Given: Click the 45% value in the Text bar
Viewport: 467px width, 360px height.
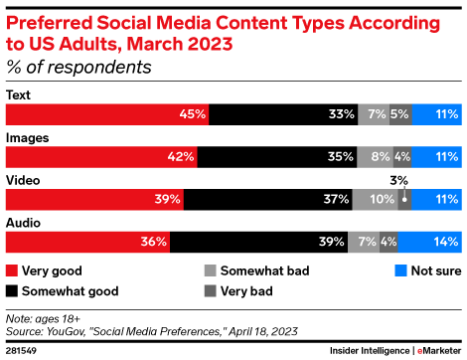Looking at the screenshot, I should [193, 113].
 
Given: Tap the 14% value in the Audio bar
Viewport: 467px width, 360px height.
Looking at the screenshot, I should [445, 242].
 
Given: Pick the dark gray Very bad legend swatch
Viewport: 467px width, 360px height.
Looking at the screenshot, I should [212, 291].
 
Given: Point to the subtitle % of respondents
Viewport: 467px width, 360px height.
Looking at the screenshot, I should [78, 68].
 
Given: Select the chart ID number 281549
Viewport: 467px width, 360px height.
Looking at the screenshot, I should [22, 350].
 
